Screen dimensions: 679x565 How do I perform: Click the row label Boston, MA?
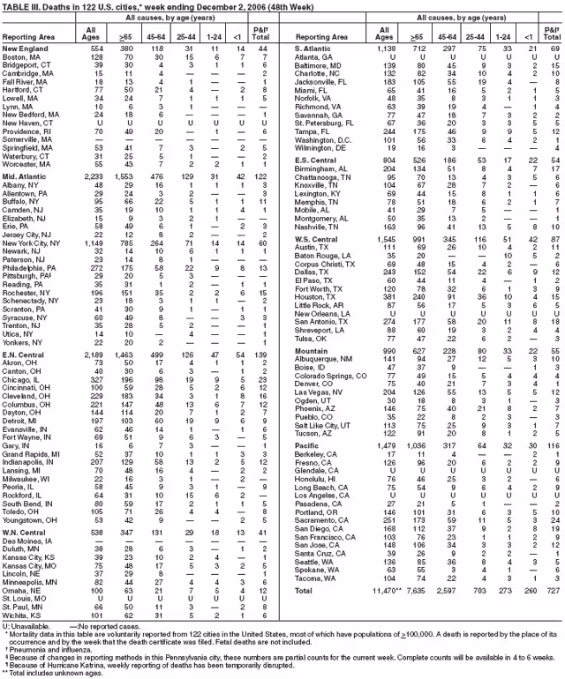tap(23, 56)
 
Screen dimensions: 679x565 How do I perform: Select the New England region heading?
tap(26, 48)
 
